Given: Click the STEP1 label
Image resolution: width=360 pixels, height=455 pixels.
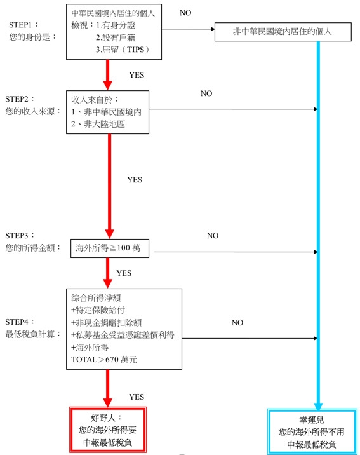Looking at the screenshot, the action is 23,25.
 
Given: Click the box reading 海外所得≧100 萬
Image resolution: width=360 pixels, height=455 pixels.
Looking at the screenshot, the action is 110,248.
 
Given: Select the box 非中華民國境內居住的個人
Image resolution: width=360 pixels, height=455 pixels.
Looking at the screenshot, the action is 283,32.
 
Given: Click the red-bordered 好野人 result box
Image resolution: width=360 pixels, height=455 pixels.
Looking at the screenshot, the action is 108,430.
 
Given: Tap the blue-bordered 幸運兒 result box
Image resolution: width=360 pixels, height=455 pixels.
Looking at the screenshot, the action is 312,431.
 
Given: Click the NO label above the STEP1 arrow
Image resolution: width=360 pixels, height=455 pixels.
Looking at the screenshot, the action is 185,13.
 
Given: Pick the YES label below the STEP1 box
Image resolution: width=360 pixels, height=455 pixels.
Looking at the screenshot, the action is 137,75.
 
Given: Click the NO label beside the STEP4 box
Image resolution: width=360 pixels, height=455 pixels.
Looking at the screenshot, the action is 237,322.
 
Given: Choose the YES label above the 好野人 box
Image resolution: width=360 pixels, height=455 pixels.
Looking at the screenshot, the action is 137,397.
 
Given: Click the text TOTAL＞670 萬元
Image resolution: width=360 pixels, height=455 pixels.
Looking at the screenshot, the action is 104,360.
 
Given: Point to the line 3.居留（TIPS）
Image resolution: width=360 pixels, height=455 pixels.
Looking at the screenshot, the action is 123,50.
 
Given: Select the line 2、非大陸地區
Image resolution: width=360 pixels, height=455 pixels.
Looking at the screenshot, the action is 98,124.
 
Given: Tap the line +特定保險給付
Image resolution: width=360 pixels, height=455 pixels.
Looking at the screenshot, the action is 98,310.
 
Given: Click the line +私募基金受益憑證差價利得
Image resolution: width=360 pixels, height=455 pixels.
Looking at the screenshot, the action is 123,335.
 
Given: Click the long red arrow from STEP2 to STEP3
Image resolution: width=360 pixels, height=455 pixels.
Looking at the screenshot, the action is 109,186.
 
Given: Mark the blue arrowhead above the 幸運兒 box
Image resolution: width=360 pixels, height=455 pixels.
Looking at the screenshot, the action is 318,405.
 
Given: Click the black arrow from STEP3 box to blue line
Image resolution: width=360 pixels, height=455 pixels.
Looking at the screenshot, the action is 236,252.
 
